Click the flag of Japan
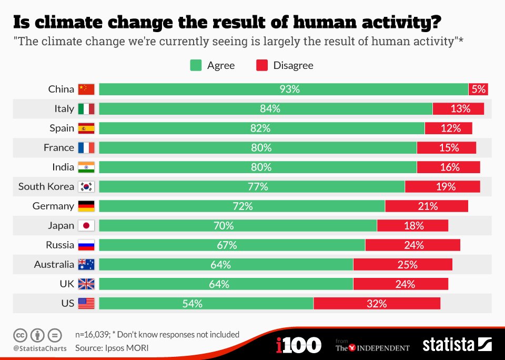(x=86, y=226)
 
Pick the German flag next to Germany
(x=86, y=206)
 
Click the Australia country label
(x=54, y=265)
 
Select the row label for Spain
(x=62, y=128)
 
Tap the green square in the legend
(x=196, y=65)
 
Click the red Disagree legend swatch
(x=262, y=65)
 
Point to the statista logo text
(x=448, y=345)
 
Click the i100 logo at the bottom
(x=298, y=345)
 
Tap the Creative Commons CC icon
(x=21, y=335)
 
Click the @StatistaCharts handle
(x=40, y=348)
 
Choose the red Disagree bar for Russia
(x=412, y=245)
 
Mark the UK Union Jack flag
(x=86, y=284)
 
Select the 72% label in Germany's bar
(x=243, y=206)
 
